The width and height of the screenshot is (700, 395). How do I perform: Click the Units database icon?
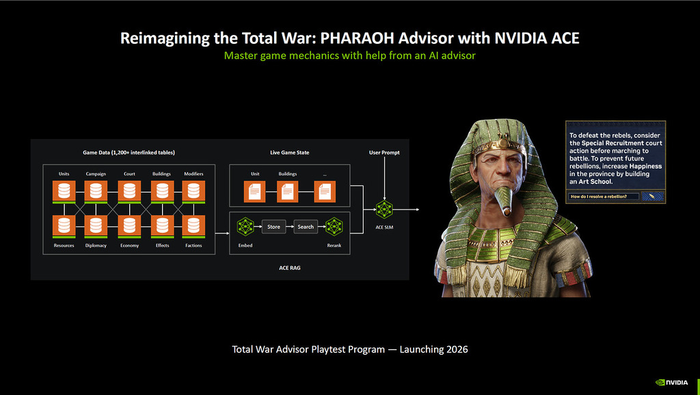pos(64,192)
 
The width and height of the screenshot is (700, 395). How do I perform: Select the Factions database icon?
pos(193,225)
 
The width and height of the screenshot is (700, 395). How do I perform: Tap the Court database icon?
pos(129,192)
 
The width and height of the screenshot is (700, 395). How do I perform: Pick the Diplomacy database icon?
pos(96,225)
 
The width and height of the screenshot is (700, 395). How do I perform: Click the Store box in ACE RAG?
pos(273,227)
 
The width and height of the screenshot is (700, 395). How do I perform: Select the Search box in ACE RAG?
pos(306,227)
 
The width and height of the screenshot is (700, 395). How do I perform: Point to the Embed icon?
pos(245,227)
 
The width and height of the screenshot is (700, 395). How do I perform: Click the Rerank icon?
pos(334,227)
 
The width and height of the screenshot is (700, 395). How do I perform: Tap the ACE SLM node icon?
pos(383,209)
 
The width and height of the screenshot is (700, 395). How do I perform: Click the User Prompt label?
pos(383,153)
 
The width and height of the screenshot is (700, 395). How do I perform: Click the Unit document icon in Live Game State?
pos(255,192)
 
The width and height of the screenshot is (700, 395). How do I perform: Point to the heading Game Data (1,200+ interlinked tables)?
pos(129,152)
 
